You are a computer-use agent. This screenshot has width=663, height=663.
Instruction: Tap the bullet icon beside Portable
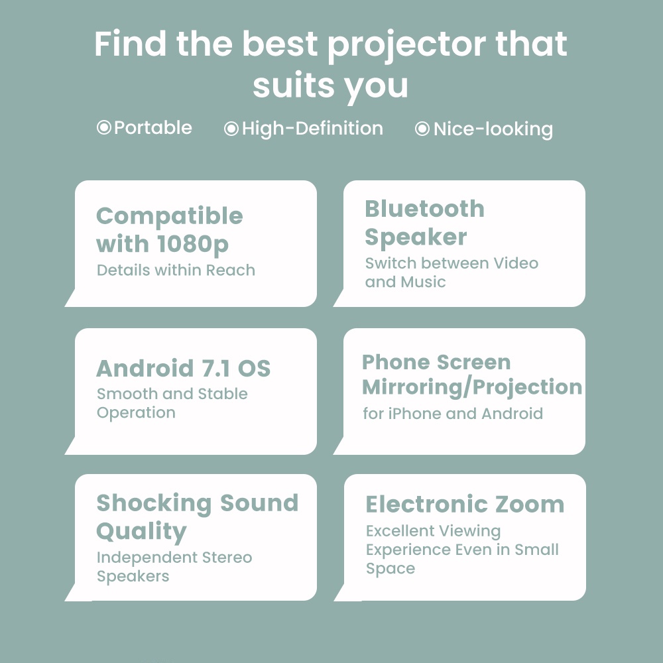click(104, 127)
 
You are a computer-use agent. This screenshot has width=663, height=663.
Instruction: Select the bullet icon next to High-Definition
click(231, 129)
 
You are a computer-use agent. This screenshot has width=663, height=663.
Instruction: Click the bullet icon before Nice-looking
click(422, 129)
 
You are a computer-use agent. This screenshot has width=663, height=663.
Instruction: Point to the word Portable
click(153, 128)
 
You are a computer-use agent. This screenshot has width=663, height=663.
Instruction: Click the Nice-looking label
click(493, 129)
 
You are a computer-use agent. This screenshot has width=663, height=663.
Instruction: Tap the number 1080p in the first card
click(192, 245)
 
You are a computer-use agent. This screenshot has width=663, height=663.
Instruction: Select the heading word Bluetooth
click(424, 209)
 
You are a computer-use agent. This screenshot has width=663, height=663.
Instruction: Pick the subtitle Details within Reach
click(176, 271)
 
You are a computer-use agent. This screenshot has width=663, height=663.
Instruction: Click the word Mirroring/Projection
click(472, 387)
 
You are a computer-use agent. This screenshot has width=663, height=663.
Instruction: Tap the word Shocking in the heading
click(154, 504)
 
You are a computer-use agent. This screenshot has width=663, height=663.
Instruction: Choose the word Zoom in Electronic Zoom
click(530, 505)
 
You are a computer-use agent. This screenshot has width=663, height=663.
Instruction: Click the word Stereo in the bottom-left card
click(227, 558)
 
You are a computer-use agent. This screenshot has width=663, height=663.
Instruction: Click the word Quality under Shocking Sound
click(141, 532)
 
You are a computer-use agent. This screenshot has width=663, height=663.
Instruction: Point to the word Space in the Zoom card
click(391, 569)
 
